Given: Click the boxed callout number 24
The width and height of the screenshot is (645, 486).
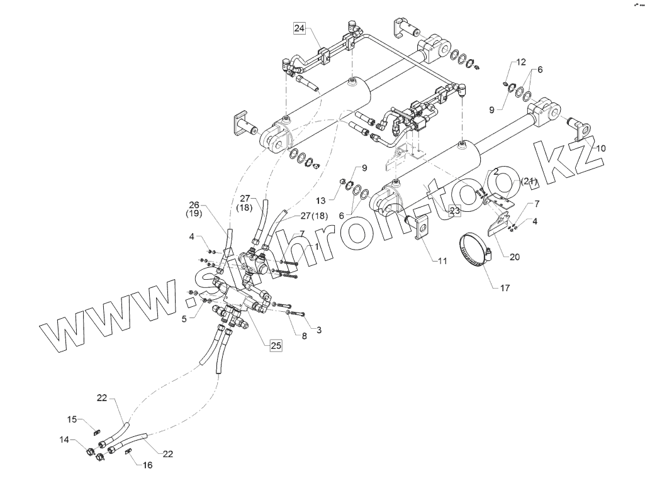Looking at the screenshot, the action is [299, 28].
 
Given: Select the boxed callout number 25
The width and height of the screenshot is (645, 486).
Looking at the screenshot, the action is [276, 345].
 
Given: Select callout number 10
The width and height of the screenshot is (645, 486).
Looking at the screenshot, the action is [601, 149].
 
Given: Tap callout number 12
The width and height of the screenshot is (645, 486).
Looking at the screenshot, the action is [521, 62].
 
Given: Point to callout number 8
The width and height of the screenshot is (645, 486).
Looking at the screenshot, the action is [304, 336].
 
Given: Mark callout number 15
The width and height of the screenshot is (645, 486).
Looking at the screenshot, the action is [72, 419].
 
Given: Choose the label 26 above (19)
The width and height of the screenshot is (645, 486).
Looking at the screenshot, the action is [194, 204].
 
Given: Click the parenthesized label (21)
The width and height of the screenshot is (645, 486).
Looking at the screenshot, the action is [529, 182].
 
